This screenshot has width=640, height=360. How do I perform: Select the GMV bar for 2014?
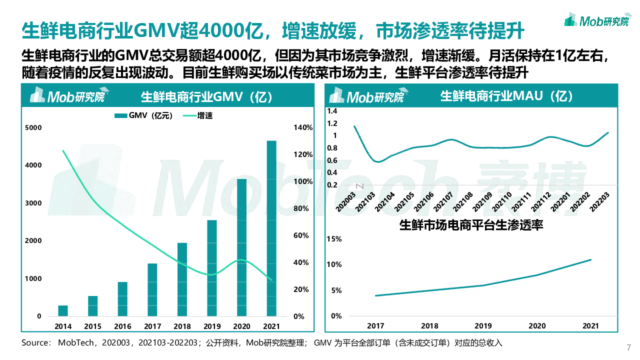pos(63,310)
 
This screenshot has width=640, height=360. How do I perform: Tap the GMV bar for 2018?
pos(182,279)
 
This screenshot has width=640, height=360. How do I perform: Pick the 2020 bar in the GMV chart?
pos(241,247)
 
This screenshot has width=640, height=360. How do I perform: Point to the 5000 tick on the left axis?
pos(33,128)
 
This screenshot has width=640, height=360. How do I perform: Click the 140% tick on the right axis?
pos(302,128)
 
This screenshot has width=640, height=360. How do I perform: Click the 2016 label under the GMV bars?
pos(122,326)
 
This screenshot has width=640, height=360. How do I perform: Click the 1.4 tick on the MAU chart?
pos(332,111)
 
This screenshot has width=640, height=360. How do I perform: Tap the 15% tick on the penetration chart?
pos(333,239)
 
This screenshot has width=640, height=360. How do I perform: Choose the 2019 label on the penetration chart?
pos(483,325)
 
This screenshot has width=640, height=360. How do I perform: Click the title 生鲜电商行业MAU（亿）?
pos(507,96)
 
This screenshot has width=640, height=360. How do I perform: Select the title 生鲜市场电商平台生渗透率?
pos(471,225)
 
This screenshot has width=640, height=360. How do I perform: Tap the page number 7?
pos(628,348)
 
